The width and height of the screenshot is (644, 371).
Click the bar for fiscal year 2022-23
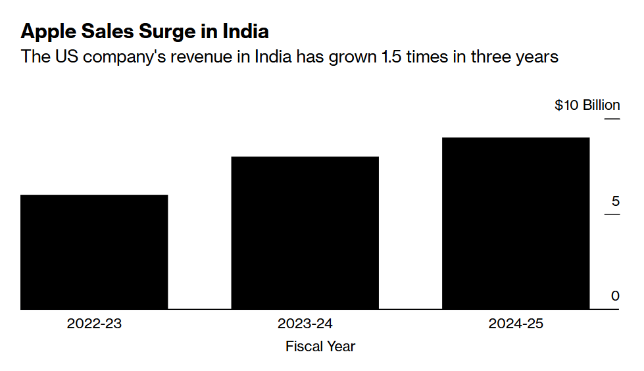(x=94, y=252)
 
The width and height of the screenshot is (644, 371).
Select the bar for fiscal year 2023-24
(x=305, y=233)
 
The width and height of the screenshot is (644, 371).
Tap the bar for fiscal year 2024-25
(x=515, y=224)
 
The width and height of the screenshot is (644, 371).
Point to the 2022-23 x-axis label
(x=94, y=324)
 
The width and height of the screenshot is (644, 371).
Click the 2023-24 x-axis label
(x=305, y=324)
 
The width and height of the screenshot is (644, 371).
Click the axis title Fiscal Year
(x=320, y=346)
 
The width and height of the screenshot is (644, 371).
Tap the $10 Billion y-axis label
(x=587, y=105)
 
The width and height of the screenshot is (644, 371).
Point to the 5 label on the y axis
(x=615, y=201)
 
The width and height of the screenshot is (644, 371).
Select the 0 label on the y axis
(x=615, y=296)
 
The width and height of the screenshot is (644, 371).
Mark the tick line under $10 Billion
(x=612, y=119)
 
